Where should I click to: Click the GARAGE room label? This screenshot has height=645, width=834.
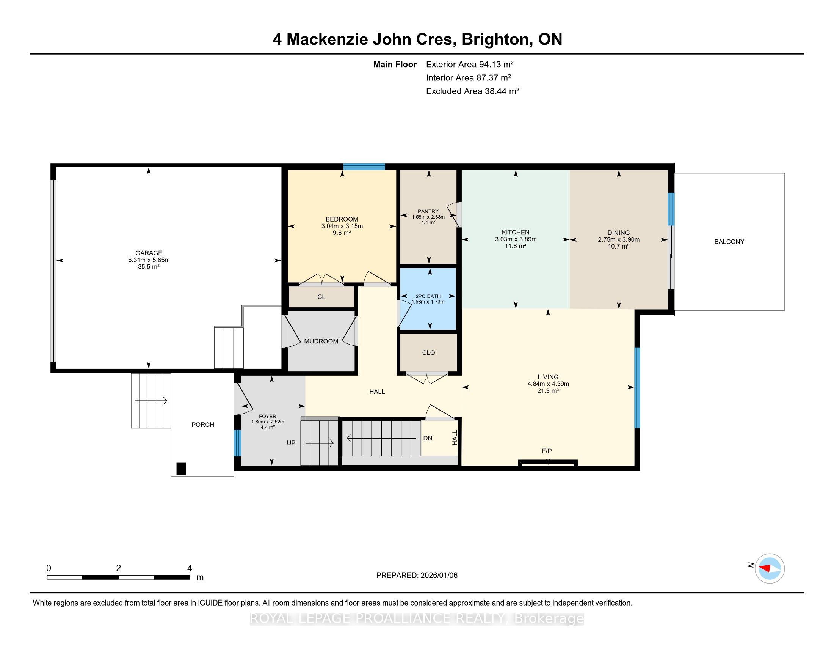tap(149, 253)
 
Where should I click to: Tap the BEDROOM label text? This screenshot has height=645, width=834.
tap(342, 219)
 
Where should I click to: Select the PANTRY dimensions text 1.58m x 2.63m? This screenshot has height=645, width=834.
tap(428, 217)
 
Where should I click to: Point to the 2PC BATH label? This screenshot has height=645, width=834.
tap(428, 296)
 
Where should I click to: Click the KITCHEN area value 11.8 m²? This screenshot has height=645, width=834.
tap(516, 246)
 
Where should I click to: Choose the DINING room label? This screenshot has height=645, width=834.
tap(619, 233)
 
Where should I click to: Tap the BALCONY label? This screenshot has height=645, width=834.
tap(729, 241)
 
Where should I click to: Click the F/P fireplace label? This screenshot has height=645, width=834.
tap(547, 451)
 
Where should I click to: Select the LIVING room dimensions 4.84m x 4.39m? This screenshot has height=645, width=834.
tap(549, 384)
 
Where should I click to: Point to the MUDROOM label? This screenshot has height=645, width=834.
tap(321, 341)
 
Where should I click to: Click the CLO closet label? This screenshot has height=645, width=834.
tap(428, 353)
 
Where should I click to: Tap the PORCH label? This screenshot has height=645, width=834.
tap(203, 425)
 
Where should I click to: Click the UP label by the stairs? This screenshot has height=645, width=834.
tap(291, 443)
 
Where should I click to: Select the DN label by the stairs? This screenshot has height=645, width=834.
tap(428, 438)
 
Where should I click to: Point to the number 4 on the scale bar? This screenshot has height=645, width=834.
tap(190, 568)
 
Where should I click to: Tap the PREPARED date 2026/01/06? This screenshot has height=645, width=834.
tap(438, 575)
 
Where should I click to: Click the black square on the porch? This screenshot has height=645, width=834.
tap(181, 469)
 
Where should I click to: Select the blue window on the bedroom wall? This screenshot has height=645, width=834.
tap(364, 167)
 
